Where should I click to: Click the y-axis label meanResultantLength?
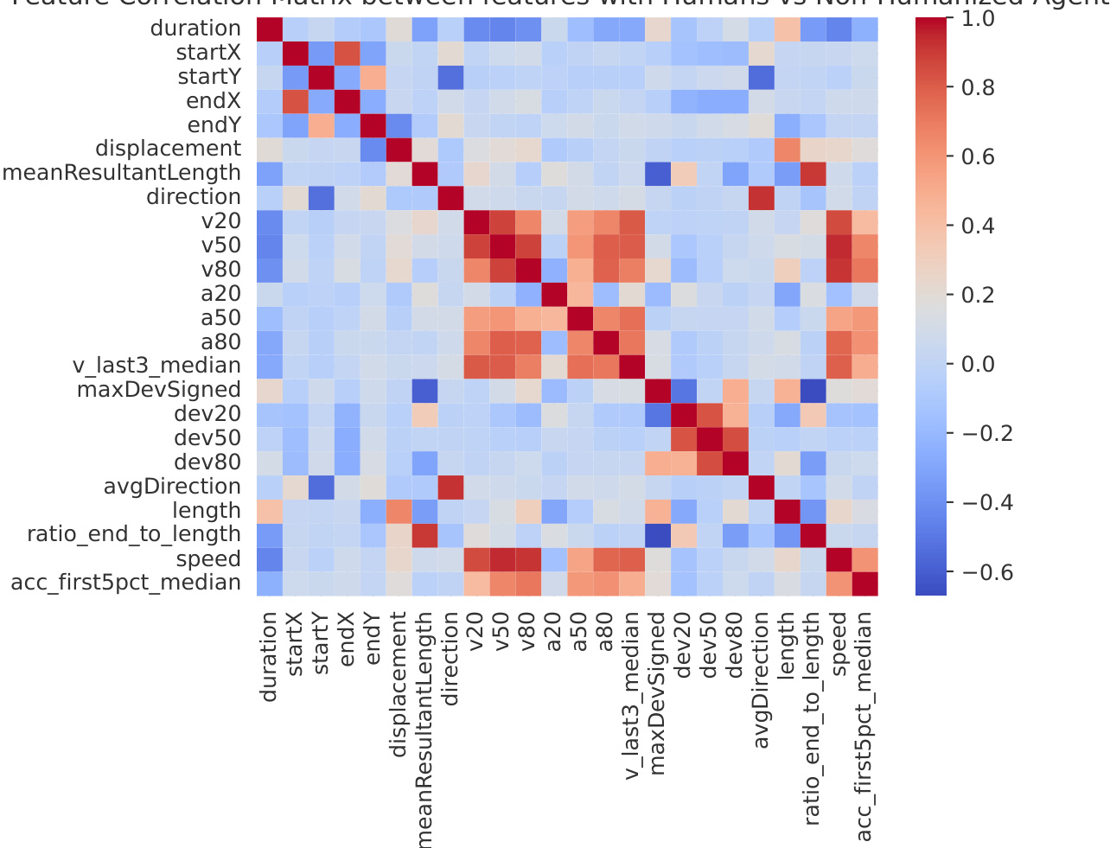(122, 173)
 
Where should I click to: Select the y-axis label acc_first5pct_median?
(125, 583)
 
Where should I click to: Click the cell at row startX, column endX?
(348, 53)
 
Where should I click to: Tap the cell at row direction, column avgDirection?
(762, 197)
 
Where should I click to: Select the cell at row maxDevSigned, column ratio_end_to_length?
(813, 391)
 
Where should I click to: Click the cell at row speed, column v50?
(502, 559)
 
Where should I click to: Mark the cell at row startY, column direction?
(450, 77)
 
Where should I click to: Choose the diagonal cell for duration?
(270, 29)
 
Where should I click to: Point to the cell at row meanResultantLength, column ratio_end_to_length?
(813, 173)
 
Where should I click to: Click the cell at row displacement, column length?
(788, 150)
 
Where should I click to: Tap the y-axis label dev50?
(207, 438)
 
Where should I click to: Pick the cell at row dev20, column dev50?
(710, 415)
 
